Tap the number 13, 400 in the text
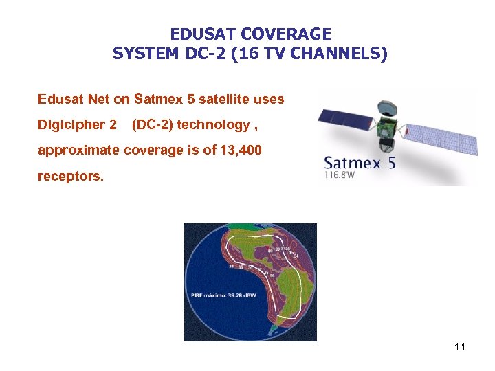coord(239,150)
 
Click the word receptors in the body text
coord(69,177)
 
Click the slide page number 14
coord(460,347)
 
